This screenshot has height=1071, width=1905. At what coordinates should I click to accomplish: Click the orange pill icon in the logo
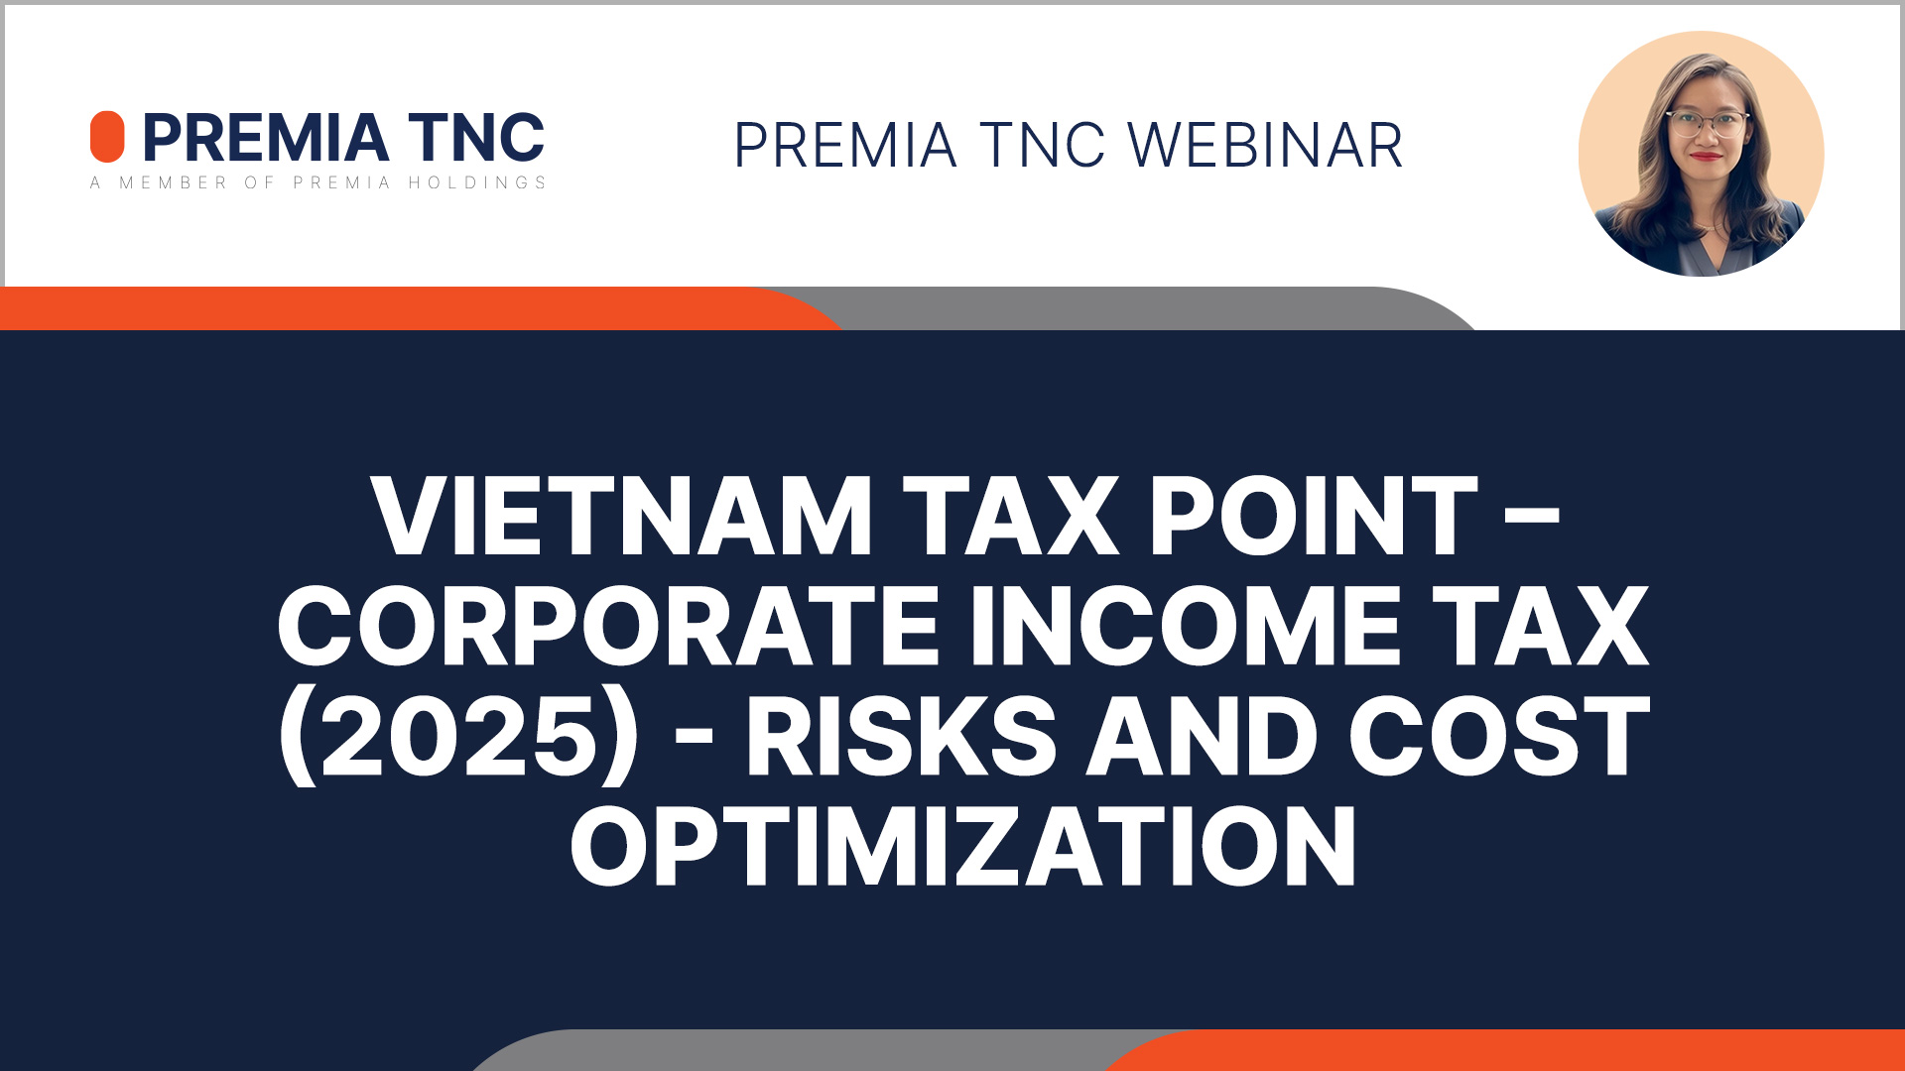tap(107, 137)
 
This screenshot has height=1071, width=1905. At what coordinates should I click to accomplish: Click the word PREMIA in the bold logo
tap(266, 137)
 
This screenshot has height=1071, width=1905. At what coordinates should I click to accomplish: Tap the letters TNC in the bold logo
tap(476, 137)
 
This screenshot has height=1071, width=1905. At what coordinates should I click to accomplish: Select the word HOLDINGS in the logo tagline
tap(477, 182)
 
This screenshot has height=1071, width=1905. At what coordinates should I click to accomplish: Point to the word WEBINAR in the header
tap(1265, 146)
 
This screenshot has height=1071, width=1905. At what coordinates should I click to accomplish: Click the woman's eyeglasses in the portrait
tap(1707, 124)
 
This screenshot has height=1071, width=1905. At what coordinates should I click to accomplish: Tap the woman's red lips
tap(1707, 156)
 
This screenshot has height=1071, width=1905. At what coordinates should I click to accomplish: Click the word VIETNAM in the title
tap(621, 516)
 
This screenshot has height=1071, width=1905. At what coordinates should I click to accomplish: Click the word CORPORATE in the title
tap(608, 626)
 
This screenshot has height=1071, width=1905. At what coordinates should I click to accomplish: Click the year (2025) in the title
tap(458, 737)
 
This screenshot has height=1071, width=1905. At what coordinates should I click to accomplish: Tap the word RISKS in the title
tap(902, 736)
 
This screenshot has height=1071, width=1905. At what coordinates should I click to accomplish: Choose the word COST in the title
tap(1499, 736)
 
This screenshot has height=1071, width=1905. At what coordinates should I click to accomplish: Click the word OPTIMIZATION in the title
tap(962, 846)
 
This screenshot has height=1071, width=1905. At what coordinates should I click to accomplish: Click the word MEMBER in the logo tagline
tap(174, 182)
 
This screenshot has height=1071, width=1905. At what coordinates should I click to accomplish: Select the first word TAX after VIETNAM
tap(1011, 516)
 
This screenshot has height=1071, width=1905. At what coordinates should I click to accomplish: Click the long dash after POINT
tap(1533, 518)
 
